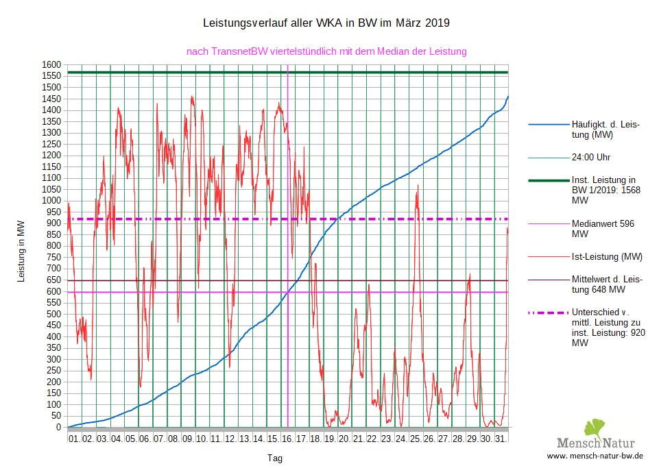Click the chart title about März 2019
(x=326, y=23)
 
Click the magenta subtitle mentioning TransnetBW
(x=326, y=51)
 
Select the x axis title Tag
(x=274, y=458)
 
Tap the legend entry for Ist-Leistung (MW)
(x=607, y=257)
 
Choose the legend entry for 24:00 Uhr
(x=591, y=157)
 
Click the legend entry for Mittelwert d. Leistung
(x=606, y=284)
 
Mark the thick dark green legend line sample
(x=547, y=180)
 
